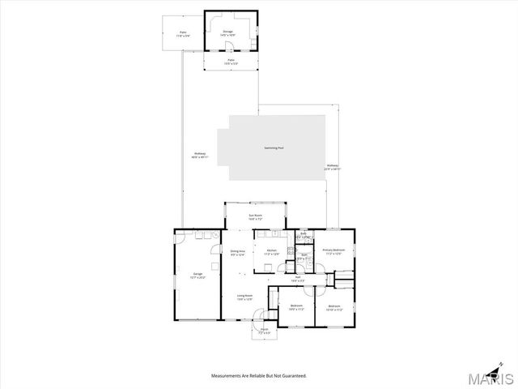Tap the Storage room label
228,32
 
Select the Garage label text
197,274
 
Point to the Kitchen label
272,250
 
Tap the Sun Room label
255,215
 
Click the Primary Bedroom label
333,250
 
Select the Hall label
298,277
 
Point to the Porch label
264,329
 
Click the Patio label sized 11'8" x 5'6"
182,32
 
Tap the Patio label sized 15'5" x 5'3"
231,60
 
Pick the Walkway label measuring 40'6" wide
200,153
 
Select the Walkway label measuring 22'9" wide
333,165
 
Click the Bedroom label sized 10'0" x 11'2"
296,305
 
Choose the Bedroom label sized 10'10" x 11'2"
334,306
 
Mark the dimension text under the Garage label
197,278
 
